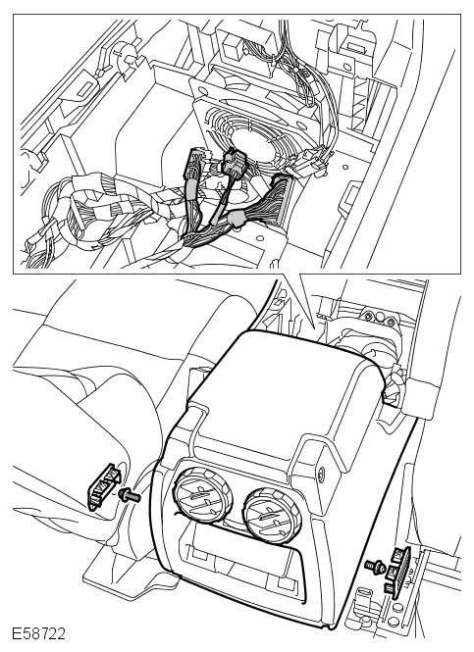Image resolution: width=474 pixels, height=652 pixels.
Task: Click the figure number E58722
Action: click(x=38, y=634)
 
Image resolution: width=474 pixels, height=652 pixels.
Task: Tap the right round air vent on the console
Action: click(x=272, y=516)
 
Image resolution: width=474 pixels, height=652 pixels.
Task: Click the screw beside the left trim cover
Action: click(x=130, y=495)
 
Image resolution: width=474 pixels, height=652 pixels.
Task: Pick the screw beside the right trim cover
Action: click(x=375, y=566)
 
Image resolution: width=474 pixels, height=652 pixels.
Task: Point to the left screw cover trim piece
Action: click(x=103, y=485)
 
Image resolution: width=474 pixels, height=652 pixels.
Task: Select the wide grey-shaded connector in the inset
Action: click(x=280, y=199)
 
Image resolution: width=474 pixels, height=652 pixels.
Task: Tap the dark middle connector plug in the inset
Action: click(x=234, y=162)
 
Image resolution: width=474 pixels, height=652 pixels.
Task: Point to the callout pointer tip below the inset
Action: click(x=313, y=326)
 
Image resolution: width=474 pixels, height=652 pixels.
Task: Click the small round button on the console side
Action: click(x=321, y=473)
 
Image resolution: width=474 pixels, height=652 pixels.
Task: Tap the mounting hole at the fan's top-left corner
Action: click(x=203, y=90)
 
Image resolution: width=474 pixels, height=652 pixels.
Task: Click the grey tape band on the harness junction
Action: click(x=237, y=219)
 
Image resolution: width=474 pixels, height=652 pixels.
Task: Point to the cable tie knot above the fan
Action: click(x=296, y=70)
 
